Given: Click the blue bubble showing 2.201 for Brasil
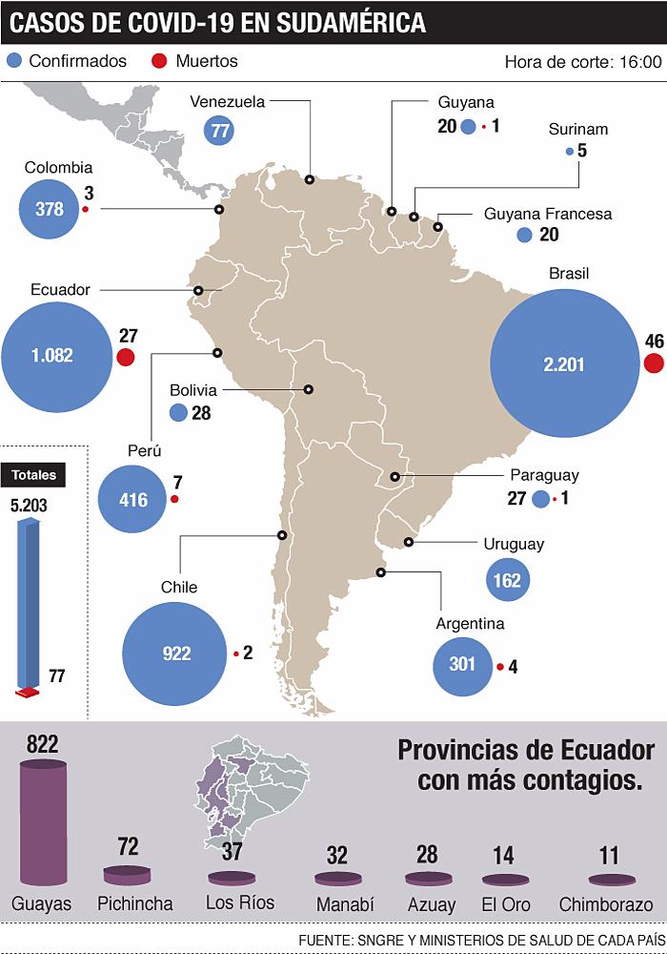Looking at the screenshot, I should pyautogui.click(x=563, y=363).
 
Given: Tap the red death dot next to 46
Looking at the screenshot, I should pyautogui.click(x=654, y=363).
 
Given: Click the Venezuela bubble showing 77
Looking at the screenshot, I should pyautogui.click(x=220, y=132).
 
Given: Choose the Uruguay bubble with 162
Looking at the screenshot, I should pyautogui.click(x=508, y=579).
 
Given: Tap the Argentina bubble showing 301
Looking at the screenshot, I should pyautogui.click(x=462, y=665).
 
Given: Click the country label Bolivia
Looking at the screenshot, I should pyautogui.click(x=193, y=390).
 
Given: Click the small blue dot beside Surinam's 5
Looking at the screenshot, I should pyautogui.click(x=570, y=151).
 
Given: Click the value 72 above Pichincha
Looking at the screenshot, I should pyautogui.click(x=129, y=846).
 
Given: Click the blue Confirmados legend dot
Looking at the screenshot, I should pyautogui.click(x=14, y=61).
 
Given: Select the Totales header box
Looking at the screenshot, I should pyautogui.click(x=34, y=474).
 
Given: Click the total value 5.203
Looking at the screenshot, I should pyautogui.click(x=29, y=507).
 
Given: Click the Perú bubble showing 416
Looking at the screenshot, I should pyautogui.click(x=133, y=499).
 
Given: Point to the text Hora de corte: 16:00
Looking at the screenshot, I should pyautogui.click(x=582, y=62).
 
